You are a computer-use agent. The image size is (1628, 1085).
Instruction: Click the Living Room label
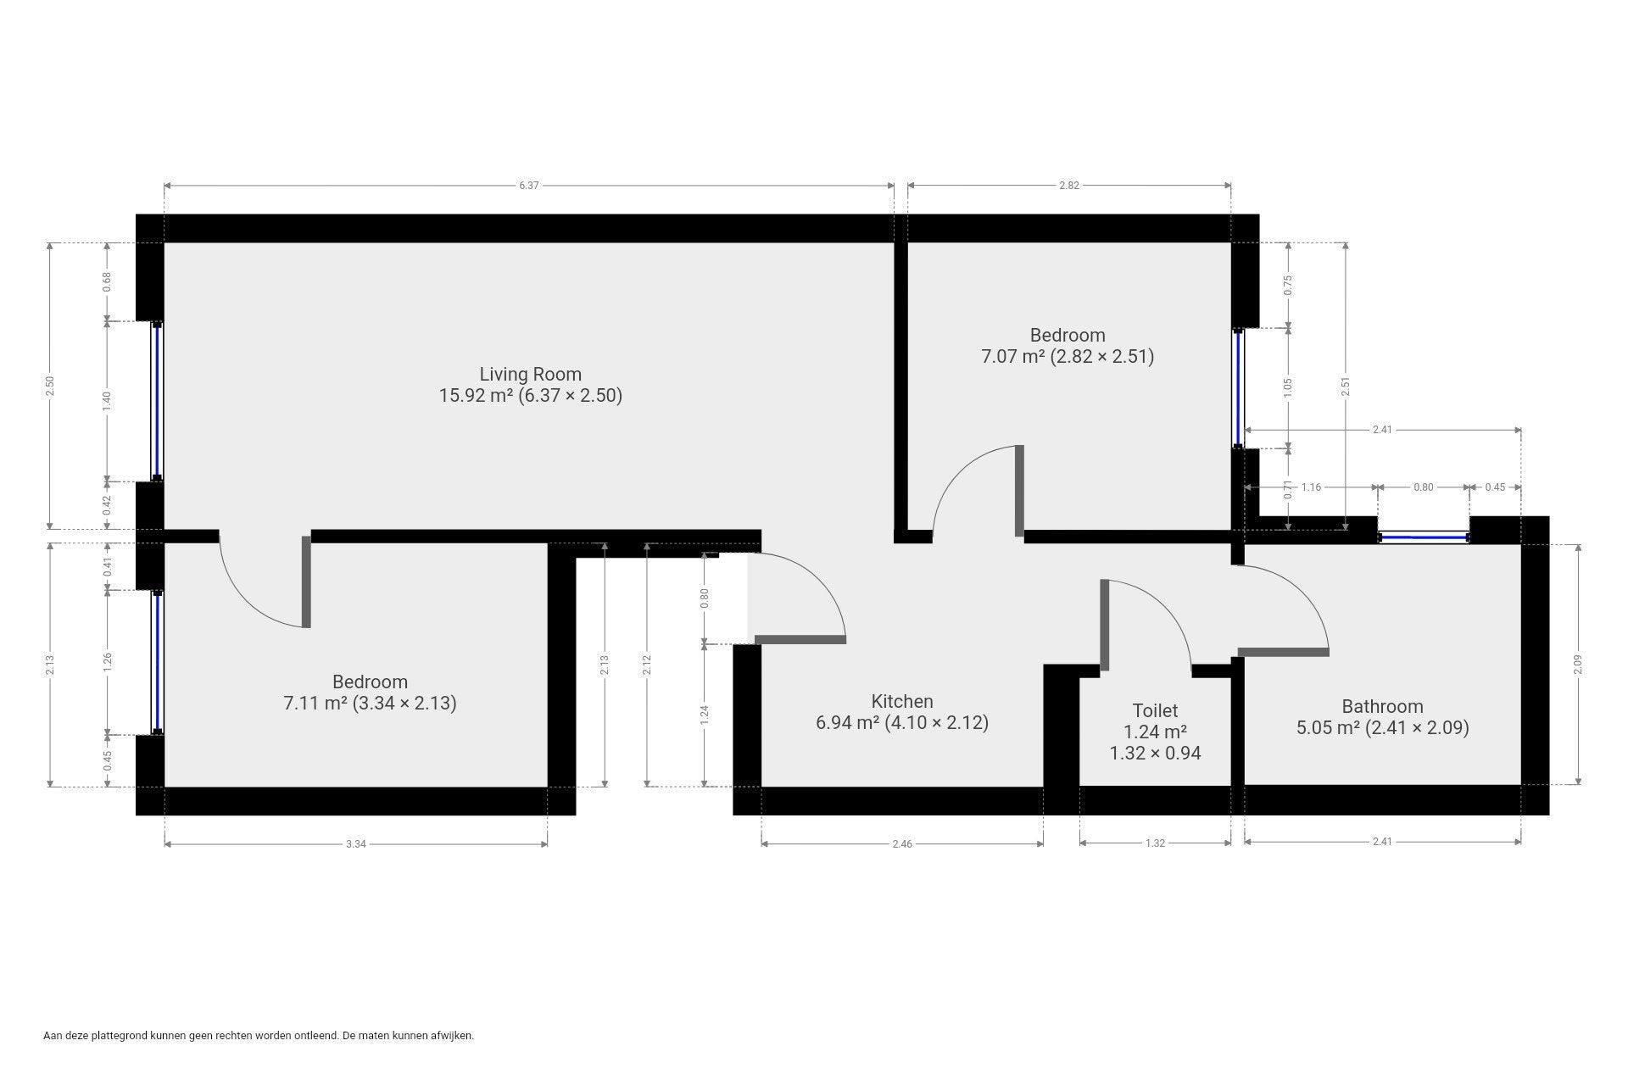click(531, 374)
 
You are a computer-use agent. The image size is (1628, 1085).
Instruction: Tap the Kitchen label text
click(902, 701)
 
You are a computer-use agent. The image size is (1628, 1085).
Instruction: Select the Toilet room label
click(1155, 710)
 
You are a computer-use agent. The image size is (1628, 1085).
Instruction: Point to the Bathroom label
click(1382, 706)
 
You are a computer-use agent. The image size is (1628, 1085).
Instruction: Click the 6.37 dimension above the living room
click(529, 185)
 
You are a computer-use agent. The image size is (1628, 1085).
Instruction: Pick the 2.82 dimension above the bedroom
click(1069, 185)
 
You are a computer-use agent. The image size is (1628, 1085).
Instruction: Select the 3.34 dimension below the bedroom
click(356, 843)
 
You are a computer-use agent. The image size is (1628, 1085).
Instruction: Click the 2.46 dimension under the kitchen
click(902, 843)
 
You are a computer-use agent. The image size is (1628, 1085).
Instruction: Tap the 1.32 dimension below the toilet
click(1155, 843)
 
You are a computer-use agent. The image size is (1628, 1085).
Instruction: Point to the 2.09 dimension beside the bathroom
click(1578, 665)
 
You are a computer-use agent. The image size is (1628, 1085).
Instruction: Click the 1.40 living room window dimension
click(107, 401)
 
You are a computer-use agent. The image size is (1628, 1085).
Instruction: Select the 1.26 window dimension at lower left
click(107, 662)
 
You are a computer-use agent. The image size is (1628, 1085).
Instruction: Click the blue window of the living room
click(157, 401)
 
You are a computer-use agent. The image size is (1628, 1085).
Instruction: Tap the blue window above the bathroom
click(1424, 537)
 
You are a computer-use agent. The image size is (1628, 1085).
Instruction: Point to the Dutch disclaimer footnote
click(259, 1035)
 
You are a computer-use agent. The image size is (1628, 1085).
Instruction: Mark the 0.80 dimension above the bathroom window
click(1424, 487)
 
